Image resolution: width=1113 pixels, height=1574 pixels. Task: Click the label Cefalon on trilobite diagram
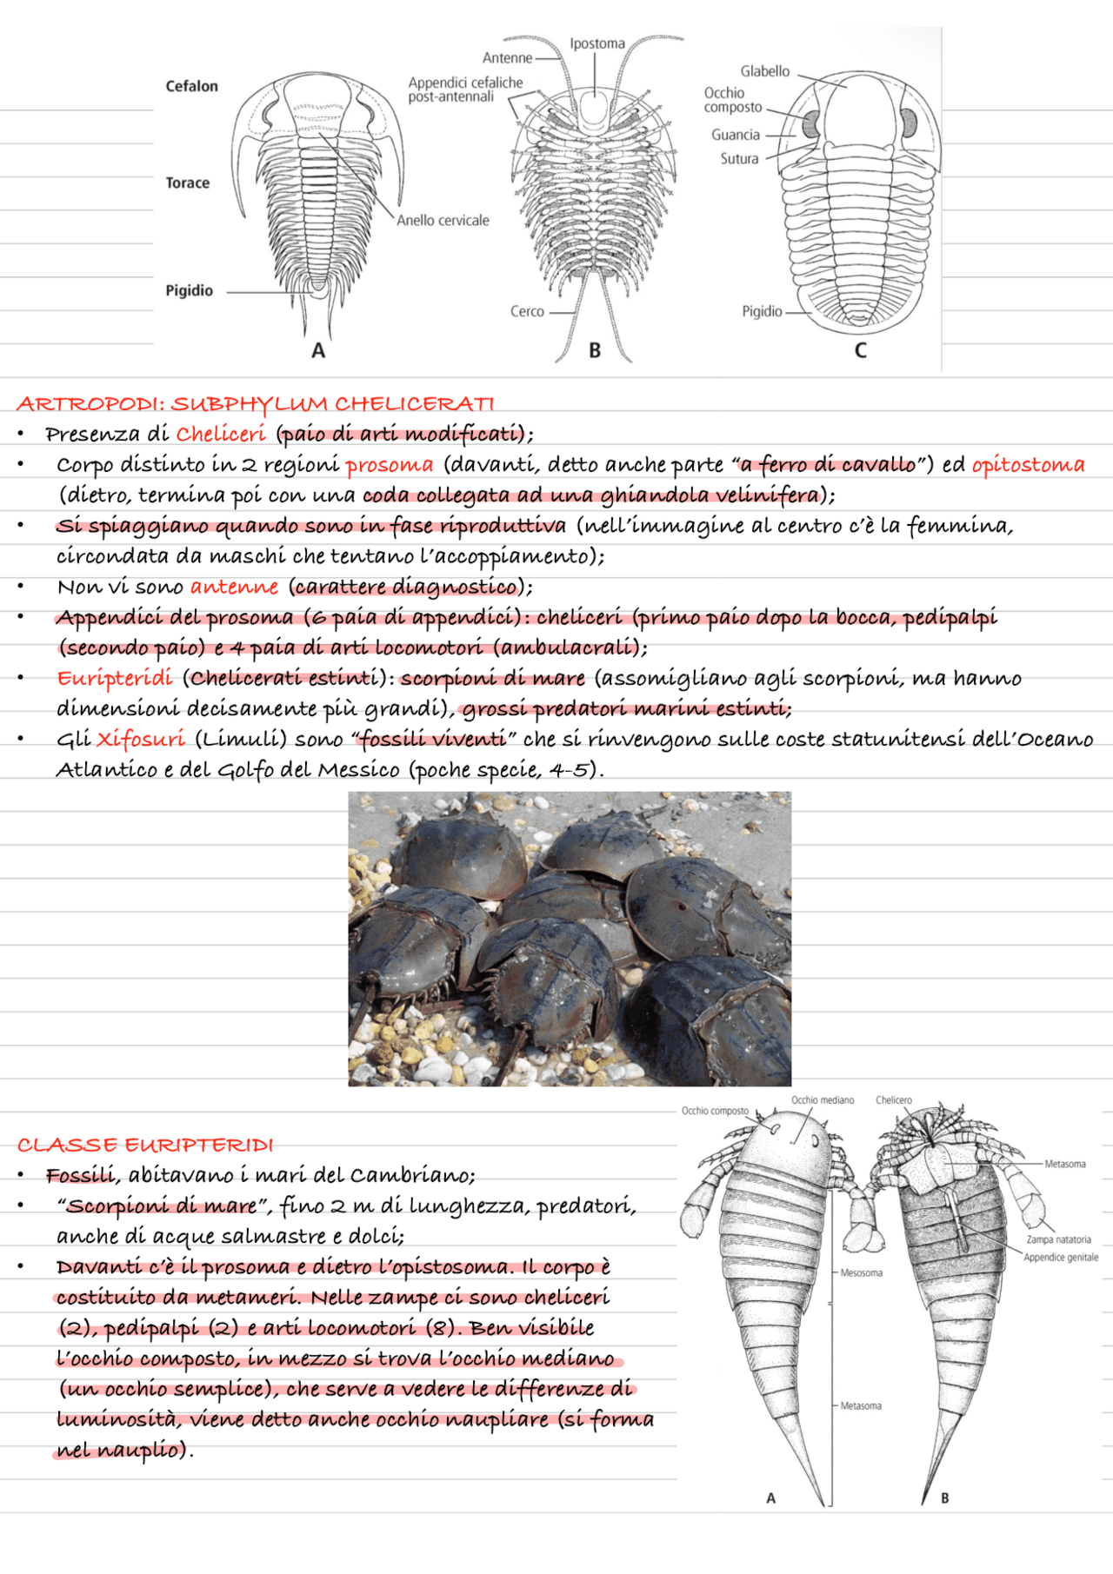[x=191, y=86]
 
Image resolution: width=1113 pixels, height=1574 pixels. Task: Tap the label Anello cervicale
[x=443, y=221]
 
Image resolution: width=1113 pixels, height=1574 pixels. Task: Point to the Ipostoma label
[x=597, y=43]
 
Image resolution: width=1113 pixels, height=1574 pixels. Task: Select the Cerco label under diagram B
[x=527, y=311]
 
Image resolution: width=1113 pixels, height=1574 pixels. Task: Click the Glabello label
[x=764, y=71]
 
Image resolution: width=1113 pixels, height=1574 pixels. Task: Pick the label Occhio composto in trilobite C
[x=732, y=100]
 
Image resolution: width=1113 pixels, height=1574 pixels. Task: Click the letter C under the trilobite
[x=860, y=350]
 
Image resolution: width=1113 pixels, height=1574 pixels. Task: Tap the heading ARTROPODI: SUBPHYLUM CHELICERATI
[x=255, y=404]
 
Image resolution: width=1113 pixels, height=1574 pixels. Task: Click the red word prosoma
[x=389, y=465]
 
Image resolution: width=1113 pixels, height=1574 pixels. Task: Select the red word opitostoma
[x=1028, y=465]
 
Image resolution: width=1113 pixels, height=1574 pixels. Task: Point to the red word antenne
[x=234, y=588]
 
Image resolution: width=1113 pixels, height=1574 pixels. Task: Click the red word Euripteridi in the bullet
[x=115, y=679]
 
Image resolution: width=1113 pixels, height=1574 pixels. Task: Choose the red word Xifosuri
[x=140, y=740]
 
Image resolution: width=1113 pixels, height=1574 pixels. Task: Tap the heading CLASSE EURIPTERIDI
[x=145, y=1146]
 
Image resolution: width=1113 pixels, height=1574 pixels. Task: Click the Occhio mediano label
[x=822, y=1100]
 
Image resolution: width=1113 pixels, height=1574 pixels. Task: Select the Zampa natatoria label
[x=1058, y=1239]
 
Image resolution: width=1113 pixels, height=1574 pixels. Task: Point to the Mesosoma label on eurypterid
[x=861, y=1272]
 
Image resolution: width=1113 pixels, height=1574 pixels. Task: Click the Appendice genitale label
[x=1060, y=1258]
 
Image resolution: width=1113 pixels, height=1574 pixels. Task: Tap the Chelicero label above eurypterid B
[x=893, y=1100]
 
